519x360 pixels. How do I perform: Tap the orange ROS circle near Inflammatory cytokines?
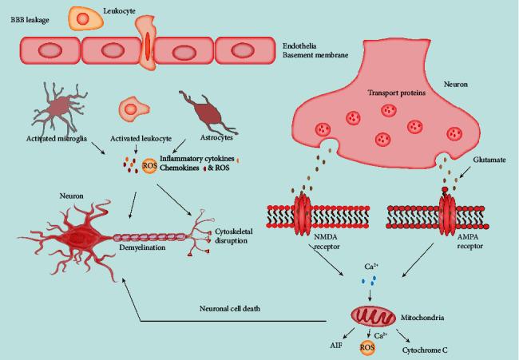click(149, 166)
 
